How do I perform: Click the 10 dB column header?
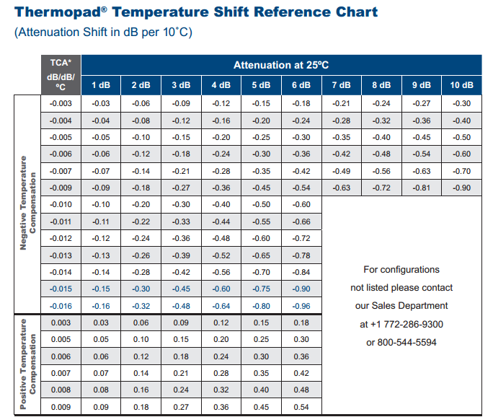tap(461, 85)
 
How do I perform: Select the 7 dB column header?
tap(342, 85)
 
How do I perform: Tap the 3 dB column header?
tap(181, 85)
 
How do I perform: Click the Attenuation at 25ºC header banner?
tap(281, 65)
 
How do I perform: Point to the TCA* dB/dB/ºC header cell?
tap(61, 75)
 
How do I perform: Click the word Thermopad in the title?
tap(58, 12)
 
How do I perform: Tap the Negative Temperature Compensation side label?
tap(27, 203)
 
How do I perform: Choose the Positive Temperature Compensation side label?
tap(27, 364)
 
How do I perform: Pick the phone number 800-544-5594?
tap(407, 343)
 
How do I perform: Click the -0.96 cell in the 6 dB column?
tap(301, 306)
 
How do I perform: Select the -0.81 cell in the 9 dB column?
tap(422, 188)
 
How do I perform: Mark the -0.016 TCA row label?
tap(61, 306)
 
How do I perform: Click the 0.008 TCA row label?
tap(61, 390)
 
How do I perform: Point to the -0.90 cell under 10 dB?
tap(461, 188)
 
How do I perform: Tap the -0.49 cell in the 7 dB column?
tap(342, 171)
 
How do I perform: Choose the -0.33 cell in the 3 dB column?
tap(181, 222)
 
